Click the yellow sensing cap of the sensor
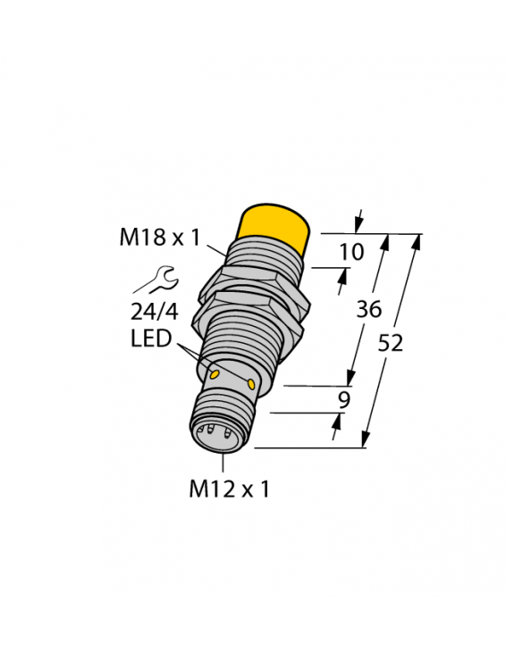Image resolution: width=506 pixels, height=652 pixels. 274,226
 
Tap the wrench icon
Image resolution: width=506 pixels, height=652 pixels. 157,282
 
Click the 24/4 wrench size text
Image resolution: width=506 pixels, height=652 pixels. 155,313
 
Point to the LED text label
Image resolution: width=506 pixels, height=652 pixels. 151,339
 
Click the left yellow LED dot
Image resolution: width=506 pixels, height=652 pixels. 215,370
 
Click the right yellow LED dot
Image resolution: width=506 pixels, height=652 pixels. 252,383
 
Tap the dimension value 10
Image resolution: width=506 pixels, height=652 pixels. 352,252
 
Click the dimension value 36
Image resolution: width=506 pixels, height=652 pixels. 368,310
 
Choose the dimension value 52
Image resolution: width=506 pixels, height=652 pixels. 390,343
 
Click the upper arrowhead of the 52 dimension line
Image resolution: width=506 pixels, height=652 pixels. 415,241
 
